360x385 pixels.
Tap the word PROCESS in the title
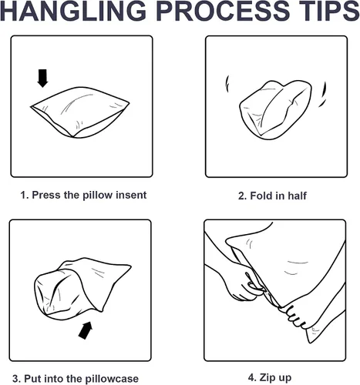(223, 11)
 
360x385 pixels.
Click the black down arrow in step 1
(42, 78)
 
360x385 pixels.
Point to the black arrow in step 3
(86, 330)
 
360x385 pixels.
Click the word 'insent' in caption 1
(131, 195)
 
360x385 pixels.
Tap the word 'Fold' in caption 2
(261, 196)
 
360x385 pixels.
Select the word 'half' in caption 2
(297, 196)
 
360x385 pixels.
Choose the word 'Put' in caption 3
(32, 379)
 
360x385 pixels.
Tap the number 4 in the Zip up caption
(251, 378)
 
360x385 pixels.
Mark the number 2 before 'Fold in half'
(242, 196)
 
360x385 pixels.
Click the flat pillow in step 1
(80, 112)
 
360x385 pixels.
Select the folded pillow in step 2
(275, 110)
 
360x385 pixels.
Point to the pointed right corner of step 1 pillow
(129, 103)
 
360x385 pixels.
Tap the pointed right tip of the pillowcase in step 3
(131, 266)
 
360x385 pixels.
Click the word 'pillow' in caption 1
(98, 195)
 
